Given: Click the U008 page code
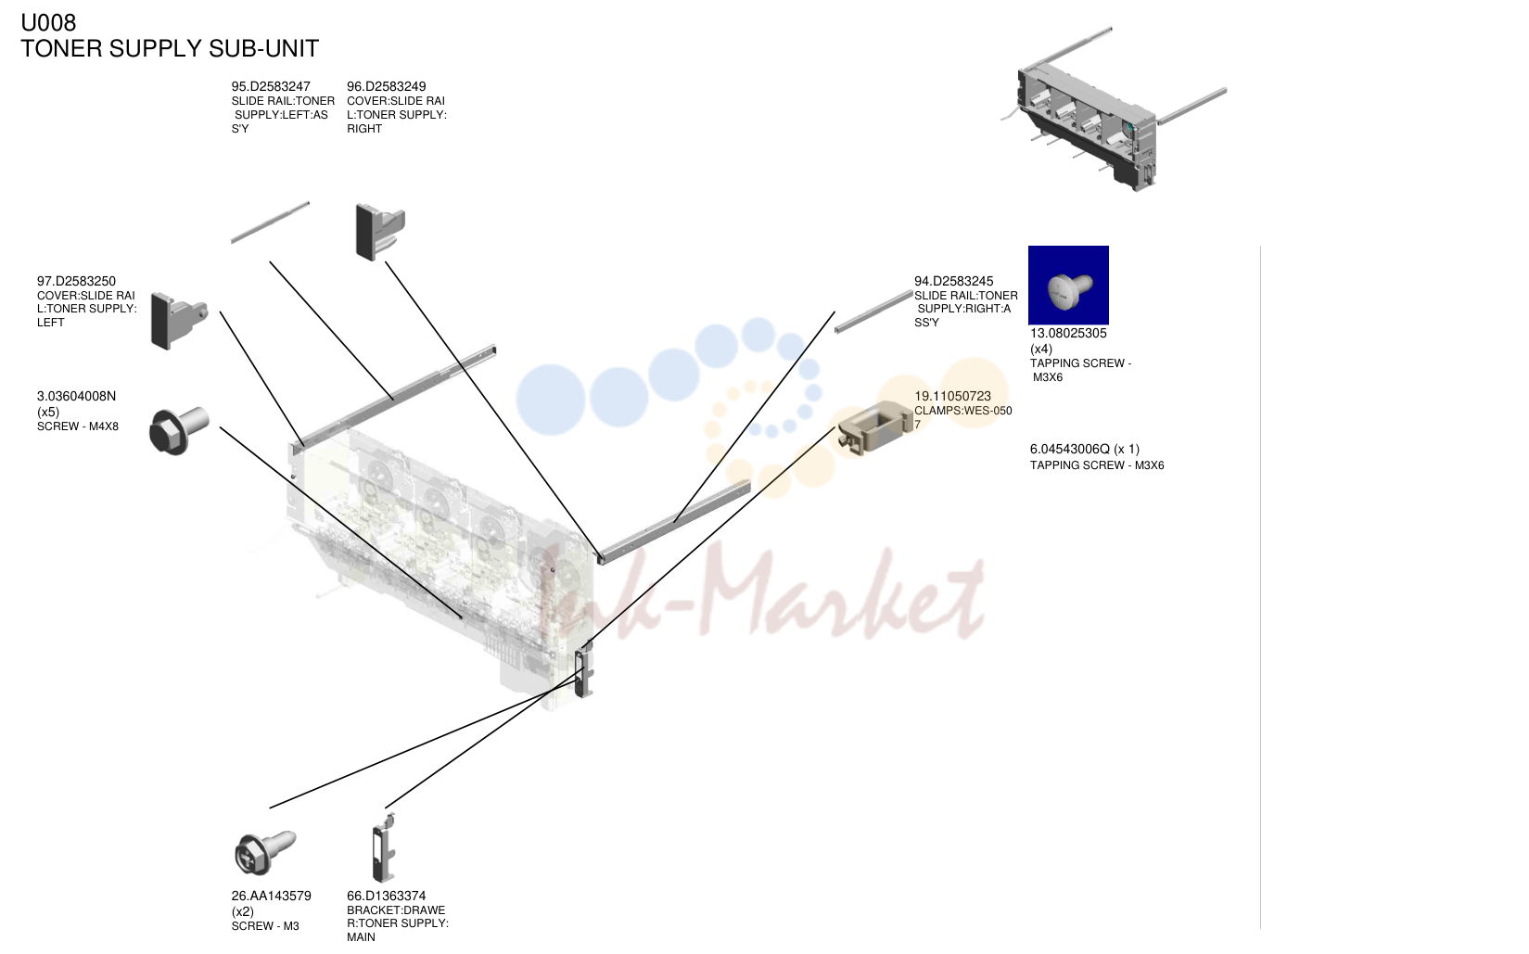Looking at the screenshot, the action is pos(48,22).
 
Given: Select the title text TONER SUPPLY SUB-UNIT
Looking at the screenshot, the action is pos(170,48).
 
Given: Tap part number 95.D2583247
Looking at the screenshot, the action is pos(271,86).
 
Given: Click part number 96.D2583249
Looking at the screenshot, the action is pos(386,86).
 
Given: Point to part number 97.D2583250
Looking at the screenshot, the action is pos(76,281).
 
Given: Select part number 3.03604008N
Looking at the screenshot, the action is pos(76,396).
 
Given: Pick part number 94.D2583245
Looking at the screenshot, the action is pos(953,281).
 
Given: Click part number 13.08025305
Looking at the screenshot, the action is pos(1068,333).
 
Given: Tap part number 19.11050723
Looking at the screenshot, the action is pos(952,396).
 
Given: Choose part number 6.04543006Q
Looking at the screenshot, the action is pos(1070,449).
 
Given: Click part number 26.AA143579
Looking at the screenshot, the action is pos(271,896).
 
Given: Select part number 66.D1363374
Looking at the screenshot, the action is pos(386,896).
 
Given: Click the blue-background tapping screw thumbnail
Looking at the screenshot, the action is pos(1068,286).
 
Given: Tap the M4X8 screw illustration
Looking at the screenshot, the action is pos(179,430).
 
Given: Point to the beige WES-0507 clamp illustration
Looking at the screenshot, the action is pos(874,427).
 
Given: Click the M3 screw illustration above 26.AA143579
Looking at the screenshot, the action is pos(264,852).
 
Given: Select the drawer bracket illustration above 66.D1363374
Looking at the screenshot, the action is pos(384,846).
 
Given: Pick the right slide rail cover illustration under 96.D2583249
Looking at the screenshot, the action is pos(379,232).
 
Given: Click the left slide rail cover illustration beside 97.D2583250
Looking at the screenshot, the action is pos(178,321).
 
